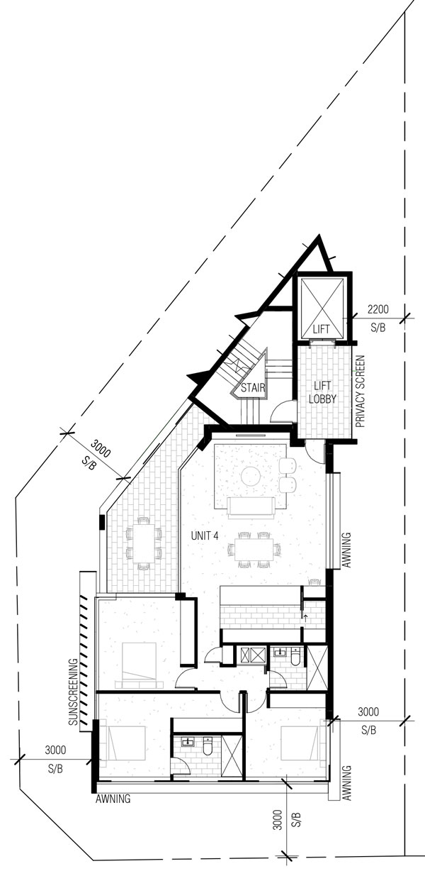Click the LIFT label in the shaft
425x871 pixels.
point(321,329)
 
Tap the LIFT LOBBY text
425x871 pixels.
point(322,392)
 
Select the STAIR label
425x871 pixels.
point(253,388)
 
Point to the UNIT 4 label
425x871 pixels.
point(204,536)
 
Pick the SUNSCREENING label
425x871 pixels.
point(74,692)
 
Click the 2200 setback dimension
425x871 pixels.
point(378,309)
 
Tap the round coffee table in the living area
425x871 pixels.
point(251,475)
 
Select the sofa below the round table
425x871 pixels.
point(251,507)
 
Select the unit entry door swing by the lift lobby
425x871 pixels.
point(314,452)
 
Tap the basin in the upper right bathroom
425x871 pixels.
point(278,652)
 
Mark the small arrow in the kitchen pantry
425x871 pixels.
point(305,618)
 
